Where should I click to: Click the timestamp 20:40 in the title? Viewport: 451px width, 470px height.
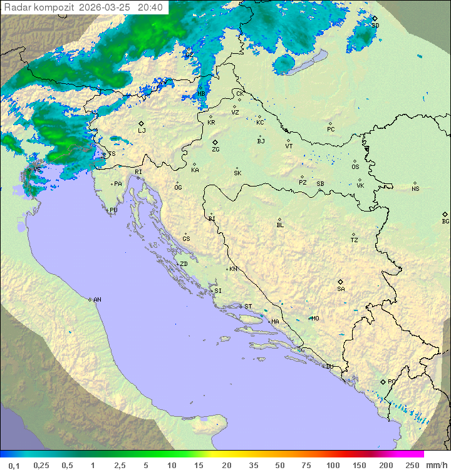pos(150,8)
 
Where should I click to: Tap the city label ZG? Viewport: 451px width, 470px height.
pos(215,150)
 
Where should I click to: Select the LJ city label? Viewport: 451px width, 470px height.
pos(142,131)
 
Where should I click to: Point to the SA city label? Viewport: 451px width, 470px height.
pos(341,289)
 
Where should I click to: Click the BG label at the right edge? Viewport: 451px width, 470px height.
pos(445,221)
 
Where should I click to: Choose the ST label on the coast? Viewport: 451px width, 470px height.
pos(248,307)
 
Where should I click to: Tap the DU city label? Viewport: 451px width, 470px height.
pos(329,367)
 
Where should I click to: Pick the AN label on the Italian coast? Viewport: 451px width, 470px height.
pos(97,300)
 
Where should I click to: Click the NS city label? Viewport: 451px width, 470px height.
pos(415,189)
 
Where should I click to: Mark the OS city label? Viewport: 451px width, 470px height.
pos(355,167)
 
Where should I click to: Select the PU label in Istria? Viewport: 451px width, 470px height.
pos(113,210)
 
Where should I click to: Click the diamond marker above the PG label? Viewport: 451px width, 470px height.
pos(383,381)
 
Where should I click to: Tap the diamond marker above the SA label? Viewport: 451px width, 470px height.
pos(341,282)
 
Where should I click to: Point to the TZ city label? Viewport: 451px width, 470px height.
pos(355,240)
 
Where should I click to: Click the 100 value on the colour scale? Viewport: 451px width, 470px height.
pos(333,465)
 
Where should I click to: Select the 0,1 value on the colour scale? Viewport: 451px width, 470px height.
pos(14,465)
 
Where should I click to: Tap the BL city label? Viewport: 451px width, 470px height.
pos(280,225)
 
